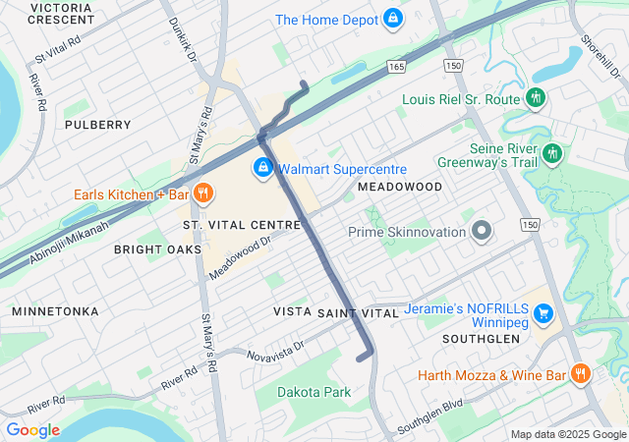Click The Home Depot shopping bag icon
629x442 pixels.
coord(393,19)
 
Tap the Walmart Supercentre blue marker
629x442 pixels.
coord(263,169)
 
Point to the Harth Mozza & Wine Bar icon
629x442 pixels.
coord(580,374)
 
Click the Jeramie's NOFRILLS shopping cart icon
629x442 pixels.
coord(543,314)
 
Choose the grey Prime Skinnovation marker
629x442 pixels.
coord(481,232)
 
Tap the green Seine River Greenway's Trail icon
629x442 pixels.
coord(552,153)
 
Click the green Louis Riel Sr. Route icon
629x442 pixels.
coord(536,98)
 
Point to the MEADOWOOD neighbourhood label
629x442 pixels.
coord(400,186)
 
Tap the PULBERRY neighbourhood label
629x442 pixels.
coord(97,125)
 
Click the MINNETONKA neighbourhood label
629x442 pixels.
coord(55,310)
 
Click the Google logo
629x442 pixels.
coord(32,429)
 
